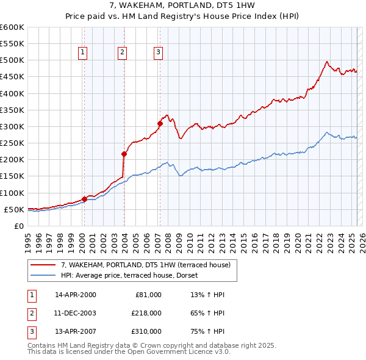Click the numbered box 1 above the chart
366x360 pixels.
click(82, 52)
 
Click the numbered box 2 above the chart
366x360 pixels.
click(122, 52)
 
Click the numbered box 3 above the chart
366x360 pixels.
click(158, 52)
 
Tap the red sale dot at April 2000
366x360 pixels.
click(84, 199)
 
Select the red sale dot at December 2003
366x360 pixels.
click(124, 154)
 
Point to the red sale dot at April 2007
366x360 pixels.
click(160, 123)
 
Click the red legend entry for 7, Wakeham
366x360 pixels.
click(145, 265)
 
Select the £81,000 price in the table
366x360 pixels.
click(148, 295)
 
